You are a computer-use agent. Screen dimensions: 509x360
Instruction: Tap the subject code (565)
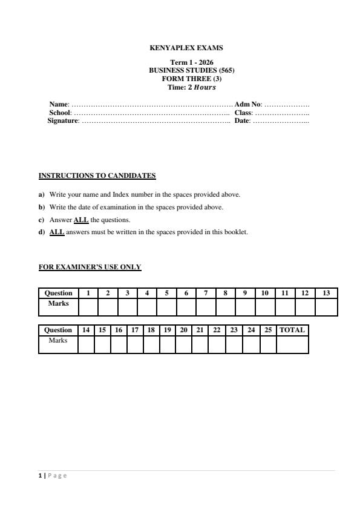(x=224, y=70)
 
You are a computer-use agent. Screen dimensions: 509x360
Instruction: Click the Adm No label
(x=247, y=105)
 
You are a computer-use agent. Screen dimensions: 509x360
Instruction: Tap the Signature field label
(x=63, y=121)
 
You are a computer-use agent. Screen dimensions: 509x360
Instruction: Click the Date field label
(x=242, y=121)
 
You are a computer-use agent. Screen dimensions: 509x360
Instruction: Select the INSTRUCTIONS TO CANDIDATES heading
(x=97, y=176)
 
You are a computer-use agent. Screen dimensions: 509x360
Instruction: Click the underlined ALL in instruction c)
(x=81, y=220)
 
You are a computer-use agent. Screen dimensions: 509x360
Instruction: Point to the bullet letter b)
(x=42, y=207)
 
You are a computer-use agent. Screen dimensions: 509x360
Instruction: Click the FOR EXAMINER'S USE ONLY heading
(x=90, y=267)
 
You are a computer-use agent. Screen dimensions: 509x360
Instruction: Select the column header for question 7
(x=206, y=294)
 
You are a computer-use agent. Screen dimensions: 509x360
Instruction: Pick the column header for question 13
(x=326, y=294)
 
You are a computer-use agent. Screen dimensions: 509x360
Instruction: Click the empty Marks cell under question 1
(x=88, y=307)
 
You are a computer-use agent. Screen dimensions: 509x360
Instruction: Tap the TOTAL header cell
(x=292, y=330)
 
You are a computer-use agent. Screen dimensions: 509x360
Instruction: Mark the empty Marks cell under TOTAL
(x=292, y=344)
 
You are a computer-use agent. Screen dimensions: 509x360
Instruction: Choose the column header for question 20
(x=183, y=330)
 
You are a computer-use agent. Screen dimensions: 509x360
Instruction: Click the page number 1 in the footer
(x=40, y=476)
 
